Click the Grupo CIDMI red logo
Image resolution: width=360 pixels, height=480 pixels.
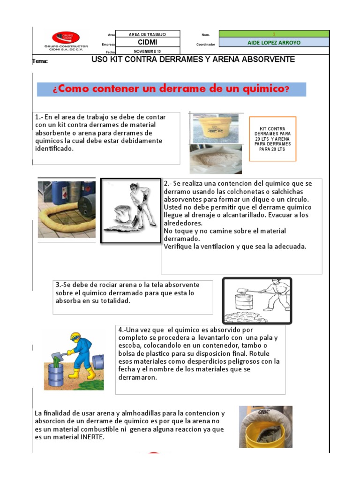tap(65, 37)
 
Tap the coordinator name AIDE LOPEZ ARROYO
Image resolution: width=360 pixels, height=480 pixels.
tap(274, 43)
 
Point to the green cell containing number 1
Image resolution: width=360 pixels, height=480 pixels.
tap(274, 34)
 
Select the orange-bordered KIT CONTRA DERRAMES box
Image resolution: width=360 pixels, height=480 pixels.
tap(272, 139)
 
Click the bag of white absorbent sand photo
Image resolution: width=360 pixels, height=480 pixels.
tap(215, 159)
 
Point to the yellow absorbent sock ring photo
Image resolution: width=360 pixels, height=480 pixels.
tap(66, 210)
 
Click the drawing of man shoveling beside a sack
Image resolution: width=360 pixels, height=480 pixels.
tap(130, 210)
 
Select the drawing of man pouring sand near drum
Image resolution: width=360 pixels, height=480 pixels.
tap(256, 300)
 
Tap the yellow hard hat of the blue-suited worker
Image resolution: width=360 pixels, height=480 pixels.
tap(75, 336)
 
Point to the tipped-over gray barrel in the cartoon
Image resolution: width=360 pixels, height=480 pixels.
tap(97, 362)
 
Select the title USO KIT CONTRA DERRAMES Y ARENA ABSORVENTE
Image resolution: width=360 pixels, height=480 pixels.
tap(193, 60)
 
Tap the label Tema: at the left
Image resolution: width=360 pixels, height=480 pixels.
tap(40, 61)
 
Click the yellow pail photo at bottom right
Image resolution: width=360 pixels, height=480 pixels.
tap(265, 427)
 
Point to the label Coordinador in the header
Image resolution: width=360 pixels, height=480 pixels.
tap(205, 45)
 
